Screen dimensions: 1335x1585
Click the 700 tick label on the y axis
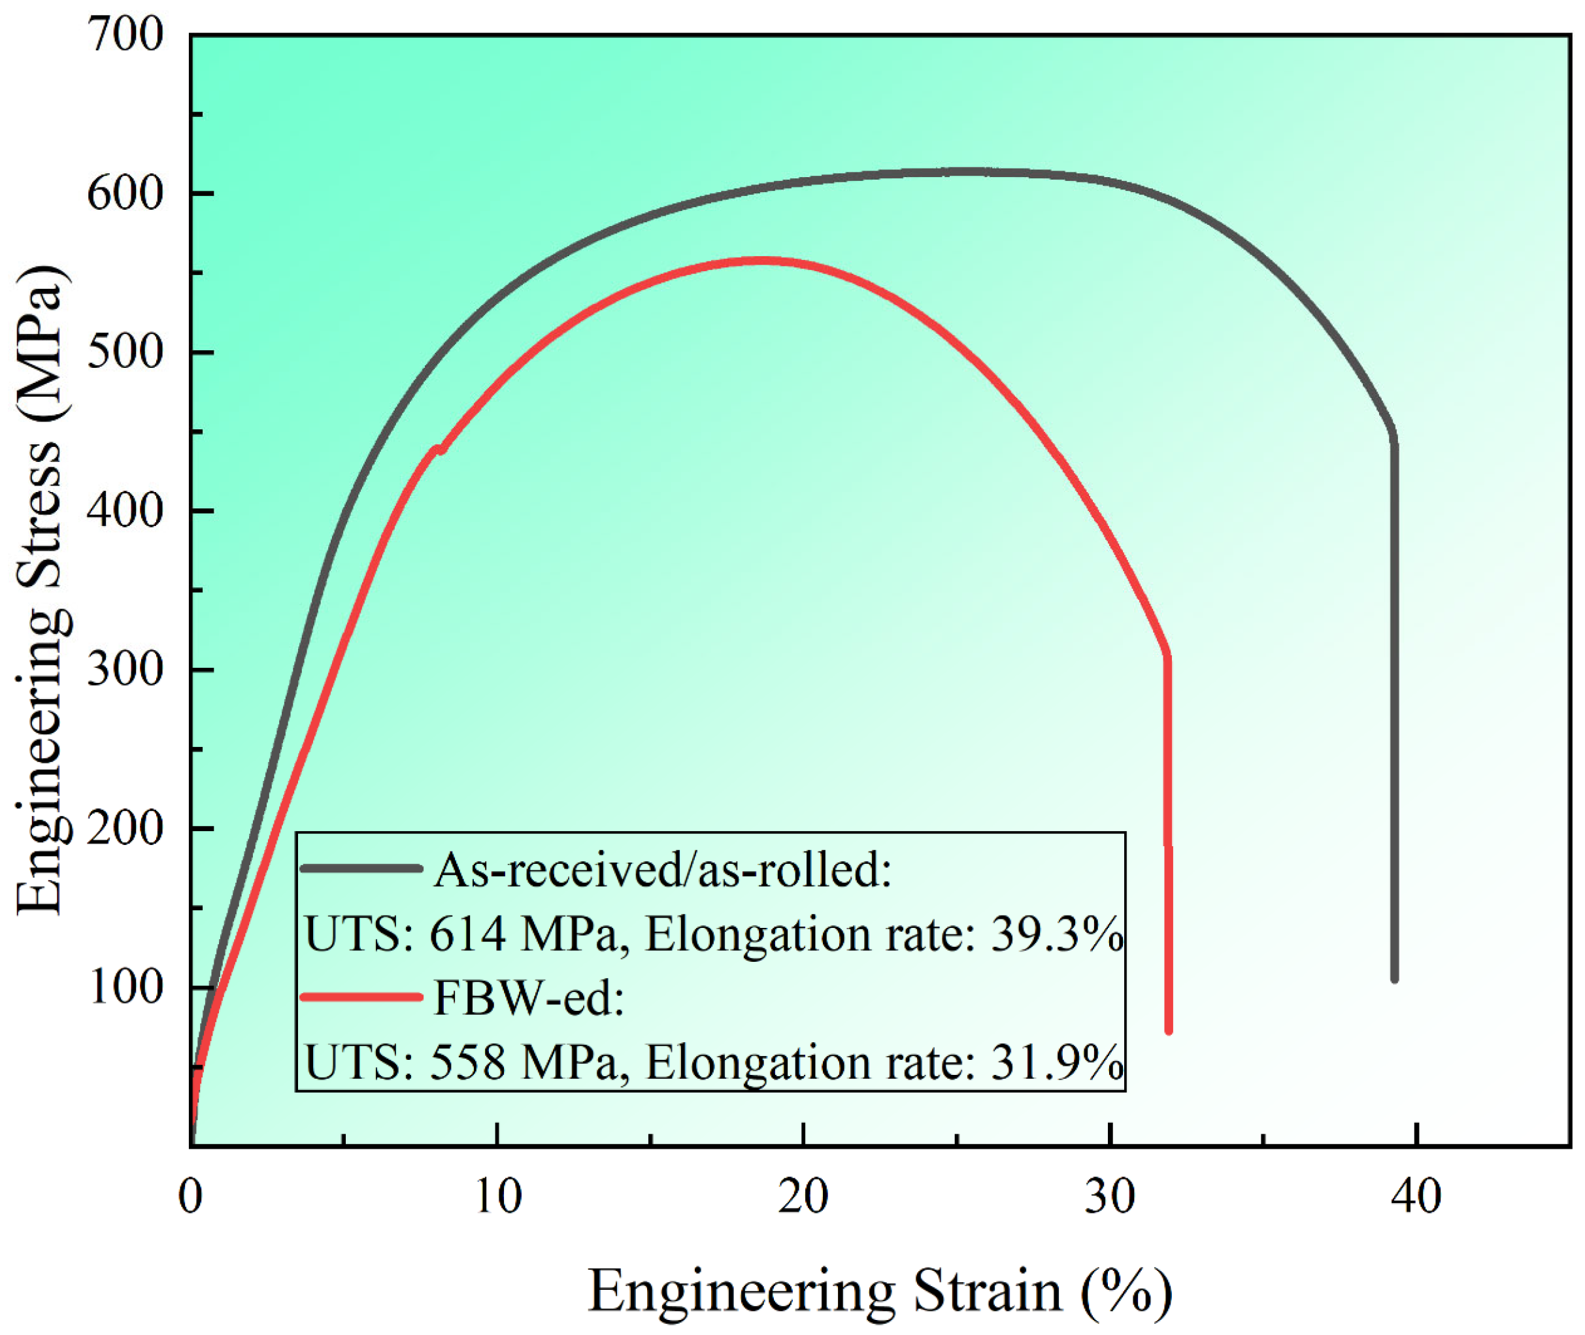125,35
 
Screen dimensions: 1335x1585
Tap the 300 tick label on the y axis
125,670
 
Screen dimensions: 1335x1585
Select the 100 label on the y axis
125,987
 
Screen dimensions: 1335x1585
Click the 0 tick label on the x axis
191,1196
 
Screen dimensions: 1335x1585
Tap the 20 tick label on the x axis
804,1196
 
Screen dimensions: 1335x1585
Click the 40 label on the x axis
1416,1196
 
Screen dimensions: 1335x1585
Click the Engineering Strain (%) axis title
880,1291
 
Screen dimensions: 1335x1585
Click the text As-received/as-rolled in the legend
663,870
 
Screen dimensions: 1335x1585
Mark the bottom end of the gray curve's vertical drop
1394,980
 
